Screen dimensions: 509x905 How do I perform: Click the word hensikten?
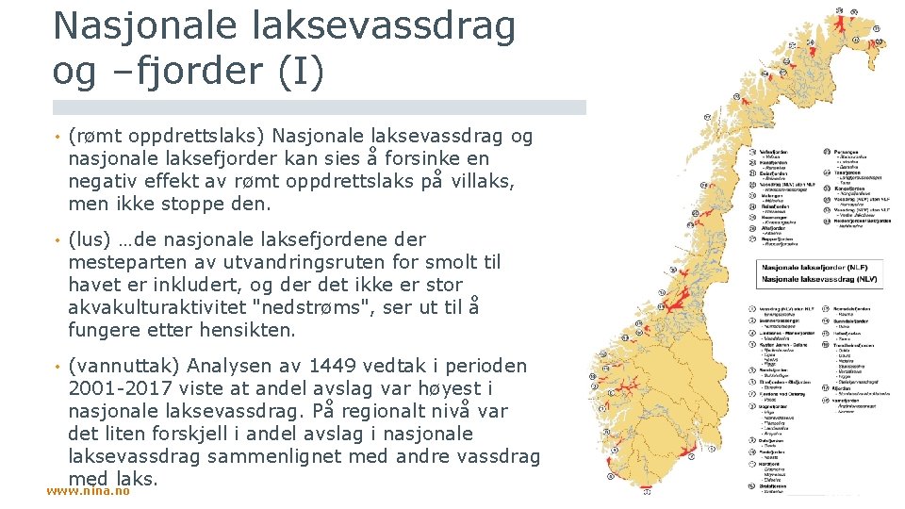[x=249, y=330]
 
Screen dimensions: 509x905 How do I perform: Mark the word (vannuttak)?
[x=126, y=366]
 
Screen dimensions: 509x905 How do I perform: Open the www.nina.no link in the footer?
[x=88, y=491]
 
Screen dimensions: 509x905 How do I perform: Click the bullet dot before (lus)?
[x=58, y=239]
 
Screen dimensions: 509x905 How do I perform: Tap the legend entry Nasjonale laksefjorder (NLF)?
[x=816, y=269]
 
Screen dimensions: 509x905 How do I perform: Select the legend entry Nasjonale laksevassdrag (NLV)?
[x=816, y=280]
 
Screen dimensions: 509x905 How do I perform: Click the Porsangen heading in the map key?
[x=848, y=151]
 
